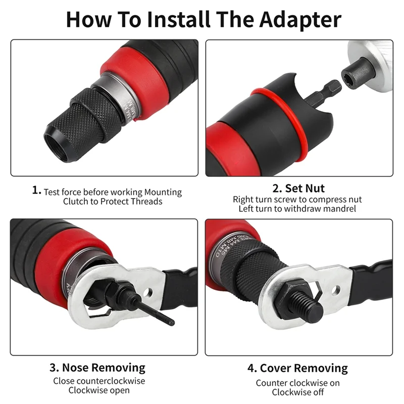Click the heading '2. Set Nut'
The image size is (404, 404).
point(299,188)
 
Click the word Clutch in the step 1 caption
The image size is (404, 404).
point(76,201)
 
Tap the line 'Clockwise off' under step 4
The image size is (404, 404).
point(297,392)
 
